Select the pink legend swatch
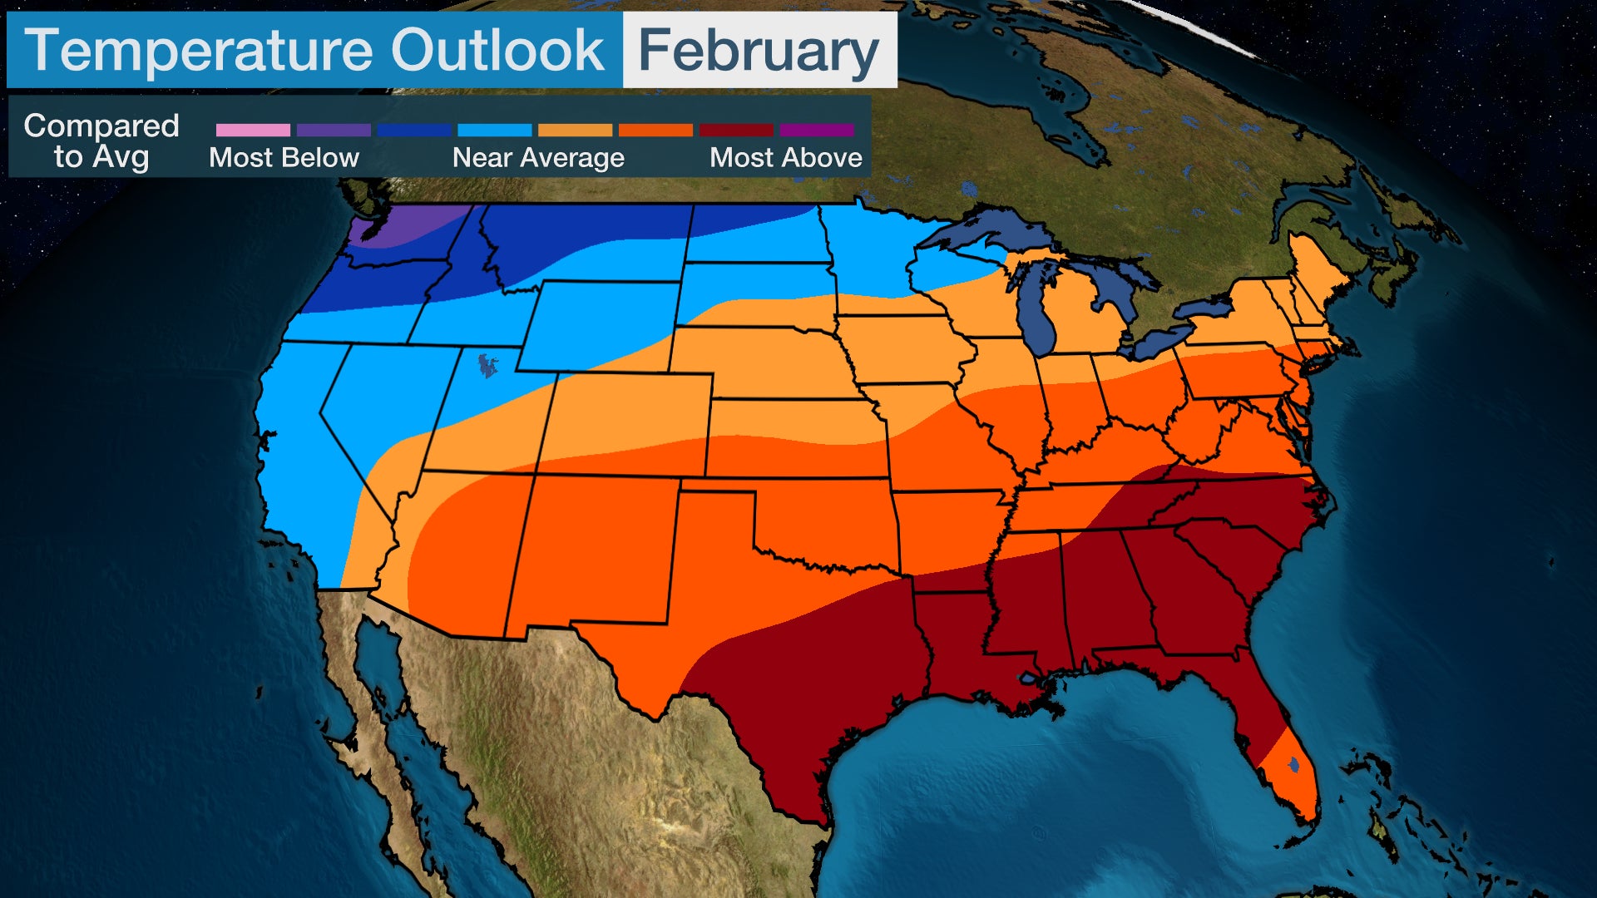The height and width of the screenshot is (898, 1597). click(x=253, y=130)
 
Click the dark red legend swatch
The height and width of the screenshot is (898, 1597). click(x=736, y=130)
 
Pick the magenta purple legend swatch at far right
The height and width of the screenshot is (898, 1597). click(x=817, y=130)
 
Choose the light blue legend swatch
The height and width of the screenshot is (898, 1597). click(x=494, y=130)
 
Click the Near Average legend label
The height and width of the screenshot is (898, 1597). click(x=538, y=157)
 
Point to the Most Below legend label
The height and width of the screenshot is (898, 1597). click(x=284, y=157)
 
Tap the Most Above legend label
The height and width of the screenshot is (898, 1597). click(x=785, y=157)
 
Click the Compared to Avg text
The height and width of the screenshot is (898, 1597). click(x=101, y=141)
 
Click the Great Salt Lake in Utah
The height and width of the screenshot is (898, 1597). click(x=487, y=366)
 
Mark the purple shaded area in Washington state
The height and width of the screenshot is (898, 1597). click(x=408, y=224)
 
